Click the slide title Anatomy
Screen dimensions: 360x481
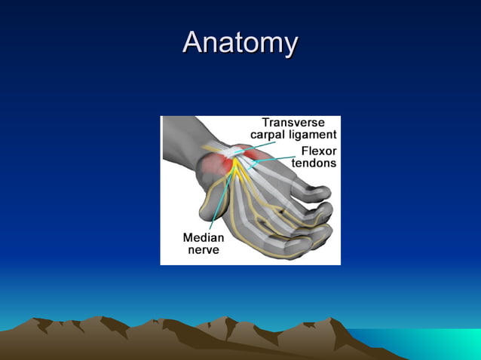point(240,42)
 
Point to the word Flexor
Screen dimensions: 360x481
point(319,150)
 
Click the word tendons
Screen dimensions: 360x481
point(314,162)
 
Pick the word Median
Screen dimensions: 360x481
point(203,237)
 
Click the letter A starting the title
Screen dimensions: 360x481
point(195,42)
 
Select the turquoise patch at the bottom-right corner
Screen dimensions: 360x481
point(452,343)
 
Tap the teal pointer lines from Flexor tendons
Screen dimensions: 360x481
point(272,158)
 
